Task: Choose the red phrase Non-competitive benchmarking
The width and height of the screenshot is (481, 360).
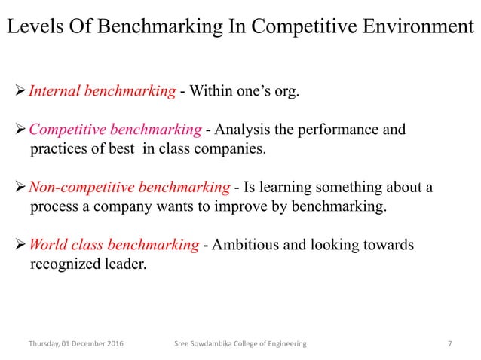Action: click(129, 187)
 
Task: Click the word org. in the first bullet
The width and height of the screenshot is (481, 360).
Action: click(284, 93)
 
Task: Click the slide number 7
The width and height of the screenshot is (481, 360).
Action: click(450, 344)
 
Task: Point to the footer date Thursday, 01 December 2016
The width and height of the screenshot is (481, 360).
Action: click(77, 344)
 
